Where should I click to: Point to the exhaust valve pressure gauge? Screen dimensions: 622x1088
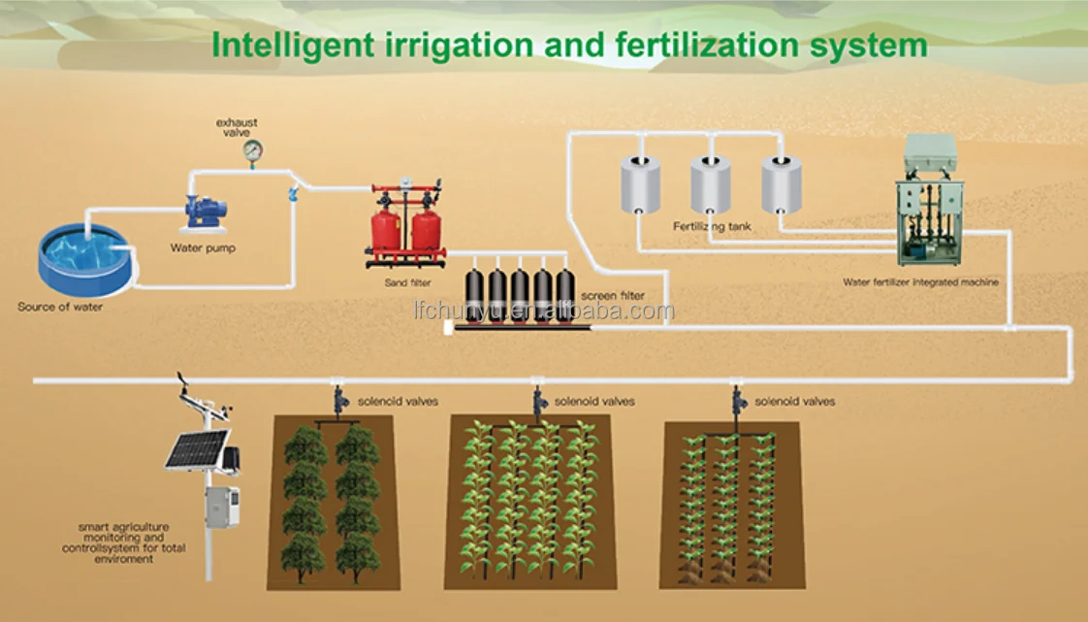253,150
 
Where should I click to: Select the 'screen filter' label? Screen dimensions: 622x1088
612,295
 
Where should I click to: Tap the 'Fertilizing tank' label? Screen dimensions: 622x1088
712,226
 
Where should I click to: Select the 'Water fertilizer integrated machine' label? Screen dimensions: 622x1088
920,281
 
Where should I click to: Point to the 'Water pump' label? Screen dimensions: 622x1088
203,247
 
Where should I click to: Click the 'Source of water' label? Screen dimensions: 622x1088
60,307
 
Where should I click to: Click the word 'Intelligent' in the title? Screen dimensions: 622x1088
288,46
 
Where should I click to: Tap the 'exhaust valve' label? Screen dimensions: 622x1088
237,127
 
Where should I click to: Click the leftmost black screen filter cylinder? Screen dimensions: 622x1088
475,296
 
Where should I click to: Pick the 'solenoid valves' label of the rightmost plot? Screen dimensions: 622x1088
794,401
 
